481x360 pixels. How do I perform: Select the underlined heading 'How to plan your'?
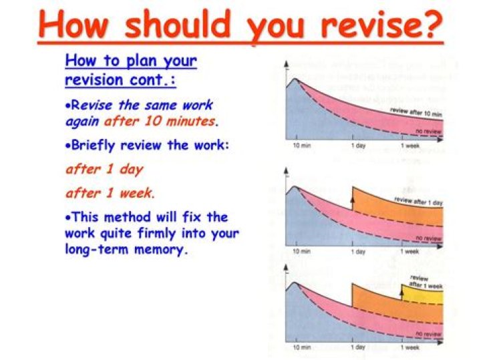click(131, 62)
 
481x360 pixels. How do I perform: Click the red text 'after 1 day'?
click(104, 169)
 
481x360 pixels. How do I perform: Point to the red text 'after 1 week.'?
click(110, 193)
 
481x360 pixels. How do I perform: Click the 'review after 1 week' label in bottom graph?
click(424, 282)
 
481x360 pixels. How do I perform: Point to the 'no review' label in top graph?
click(427, 131)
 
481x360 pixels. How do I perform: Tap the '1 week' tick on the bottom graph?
click(410, 347)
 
